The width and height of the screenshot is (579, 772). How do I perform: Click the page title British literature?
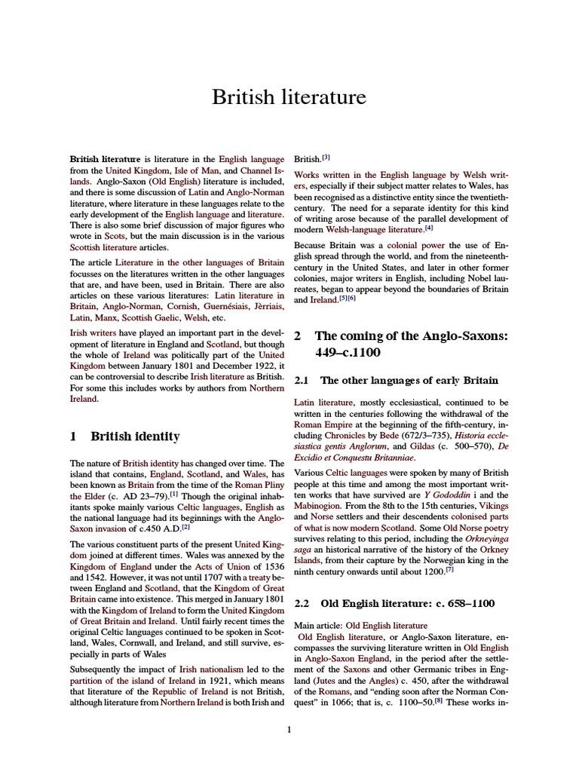pos(289,97)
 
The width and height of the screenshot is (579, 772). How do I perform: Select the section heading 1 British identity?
pos(125,436)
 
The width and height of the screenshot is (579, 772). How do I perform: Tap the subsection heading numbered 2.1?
pos(396,380)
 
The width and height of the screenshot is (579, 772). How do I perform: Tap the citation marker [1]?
pos(173,495)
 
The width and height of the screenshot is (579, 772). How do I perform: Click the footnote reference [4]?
pos(428,228)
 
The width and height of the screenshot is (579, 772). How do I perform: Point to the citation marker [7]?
pos(449,570)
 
